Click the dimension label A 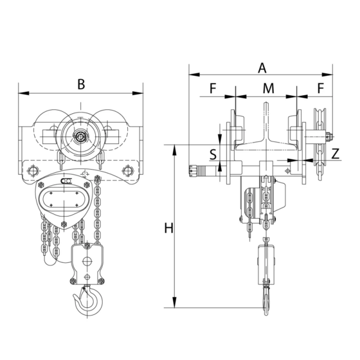(261, 68)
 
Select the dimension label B (81, 84)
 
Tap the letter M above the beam (269, 88)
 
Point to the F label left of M (213, 88)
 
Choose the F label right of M (320, 88)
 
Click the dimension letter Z (334, 154)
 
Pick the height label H (168, 228)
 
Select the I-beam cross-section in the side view (265, 135)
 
